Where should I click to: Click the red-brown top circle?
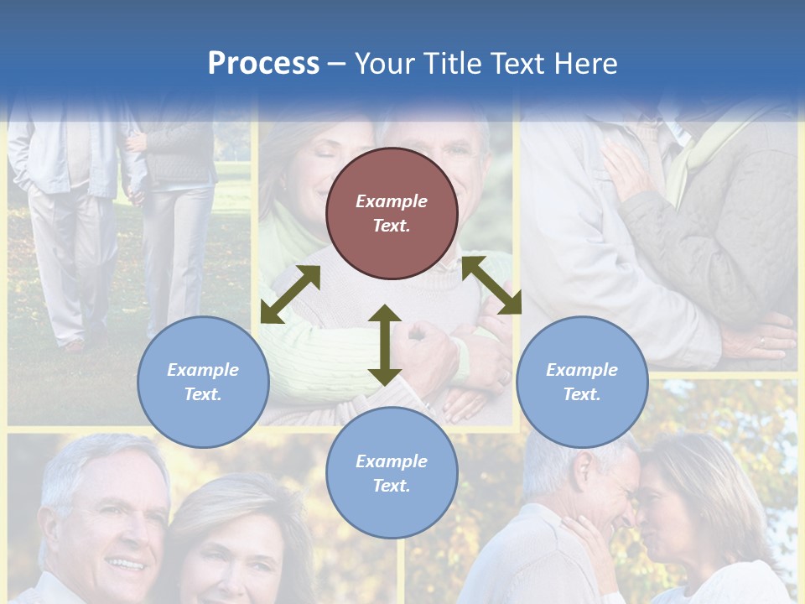(392, 213)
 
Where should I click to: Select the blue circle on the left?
(203, 382)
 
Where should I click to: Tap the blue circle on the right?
(582, 382)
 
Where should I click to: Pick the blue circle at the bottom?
(392, 473)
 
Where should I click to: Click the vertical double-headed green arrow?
(385, 345)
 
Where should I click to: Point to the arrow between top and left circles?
(290, 294)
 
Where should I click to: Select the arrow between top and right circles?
(491, 285)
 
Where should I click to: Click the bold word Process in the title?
(263, 63)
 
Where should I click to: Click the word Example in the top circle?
(392, 201)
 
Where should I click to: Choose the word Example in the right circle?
(582, 370)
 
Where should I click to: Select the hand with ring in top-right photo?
(759, 340)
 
